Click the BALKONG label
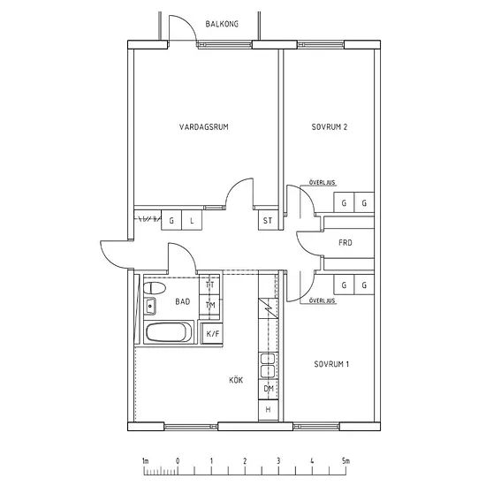(222, 24)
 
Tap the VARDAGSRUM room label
(203, 127)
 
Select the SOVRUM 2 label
(330, 127)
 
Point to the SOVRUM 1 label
(331, 364)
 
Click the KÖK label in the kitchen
(236, 380)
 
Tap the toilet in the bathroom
(155, 288)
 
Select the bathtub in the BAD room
(169, 332)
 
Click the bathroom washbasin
(150, 306)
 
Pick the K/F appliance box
(212, 333)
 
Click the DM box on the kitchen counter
(269, 389)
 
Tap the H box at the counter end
(269, 410)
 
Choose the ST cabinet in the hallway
(269, 220)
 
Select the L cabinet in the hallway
(192, 220)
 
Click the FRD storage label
(346, 243)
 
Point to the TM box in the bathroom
(209, 306)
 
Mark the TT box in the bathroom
(209, 285)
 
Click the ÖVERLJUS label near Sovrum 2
(322, 183)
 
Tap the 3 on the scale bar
(278, 461)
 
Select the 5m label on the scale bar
(346, 461)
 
